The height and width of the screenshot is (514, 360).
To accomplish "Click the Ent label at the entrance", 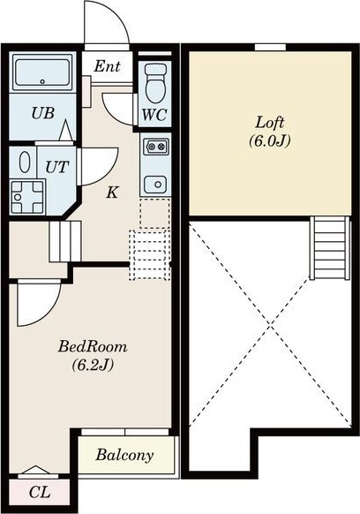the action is tap(107, 66).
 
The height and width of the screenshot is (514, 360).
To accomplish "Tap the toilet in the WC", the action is tap(154, 83).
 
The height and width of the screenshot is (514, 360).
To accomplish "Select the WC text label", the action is tap(154, 115).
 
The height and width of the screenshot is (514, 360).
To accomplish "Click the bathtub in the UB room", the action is tap(42, 72).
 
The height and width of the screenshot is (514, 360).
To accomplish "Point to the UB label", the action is tap(43, 113).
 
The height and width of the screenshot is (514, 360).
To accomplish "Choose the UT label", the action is tap(57, 167).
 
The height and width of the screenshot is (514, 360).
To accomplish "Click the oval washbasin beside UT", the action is tap(24, 163).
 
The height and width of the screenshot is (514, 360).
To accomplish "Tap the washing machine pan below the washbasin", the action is tap(27, 197).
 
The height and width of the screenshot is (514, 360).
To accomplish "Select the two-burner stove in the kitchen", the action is tap(156, 147).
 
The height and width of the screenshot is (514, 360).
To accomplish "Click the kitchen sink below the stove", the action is tap(155, 185).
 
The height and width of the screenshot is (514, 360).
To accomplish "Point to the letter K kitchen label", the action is tap(112, 193).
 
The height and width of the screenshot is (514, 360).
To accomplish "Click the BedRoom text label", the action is tap(93, 347).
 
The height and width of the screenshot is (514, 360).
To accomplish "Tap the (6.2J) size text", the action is tap(93, 365).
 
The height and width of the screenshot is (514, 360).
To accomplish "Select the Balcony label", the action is tap(124, 455).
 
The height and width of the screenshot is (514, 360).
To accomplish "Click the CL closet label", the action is tap(40, 492).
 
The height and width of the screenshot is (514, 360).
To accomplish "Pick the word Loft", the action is tap(270, 123).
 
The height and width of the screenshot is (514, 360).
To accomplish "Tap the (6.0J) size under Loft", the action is tap(270, 141).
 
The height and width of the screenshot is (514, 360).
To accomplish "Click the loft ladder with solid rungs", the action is tap(329, 247).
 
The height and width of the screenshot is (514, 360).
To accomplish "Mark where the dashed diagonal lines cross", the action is tap(270, 323).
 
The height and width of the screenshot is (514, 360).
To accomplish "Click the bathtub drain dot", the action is tap(42, 81).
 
